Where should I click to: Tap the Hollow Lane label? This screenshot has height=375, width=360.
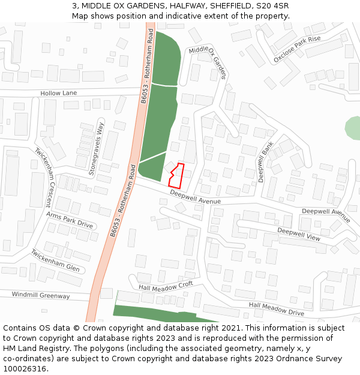click(x=59, y=93)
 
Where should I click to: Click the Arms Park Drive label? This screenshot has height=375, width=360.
click(x=70, y=220)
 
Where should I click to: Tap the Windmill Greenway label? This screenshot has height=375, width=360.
click(x=41, y=295)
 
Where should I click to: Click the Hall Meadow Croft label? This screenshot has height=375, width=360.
click(x=166, y=286)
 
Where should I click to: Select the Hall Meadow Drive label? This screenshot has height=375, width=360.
click(x=277, y=308)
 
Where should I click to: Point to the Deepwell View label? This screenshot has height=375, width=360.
click(x=299, y=234)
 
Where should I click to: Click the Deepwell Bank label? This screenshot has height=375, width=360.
click(x=266, y=162)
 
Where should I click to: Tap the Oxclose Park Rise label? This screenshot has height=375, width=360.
click(x=297, y=49)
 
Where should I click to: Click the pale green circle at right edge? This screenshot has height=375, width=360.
click(x=353, y=128)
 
